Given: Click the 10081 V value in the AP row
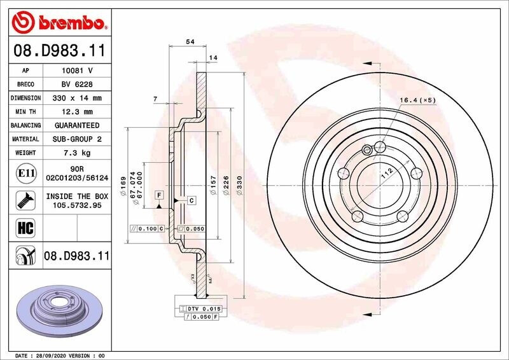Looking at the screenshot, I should pos(78,70).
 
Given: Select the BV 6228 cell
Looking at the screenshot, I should pos(78,84).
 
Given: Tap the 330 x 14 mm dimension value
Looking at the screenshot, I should pos(78,98).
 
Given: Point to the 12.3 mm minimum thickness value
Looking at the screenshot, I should pos(78,112).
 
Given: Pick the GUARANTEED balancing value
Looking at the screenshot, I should pos(78,125).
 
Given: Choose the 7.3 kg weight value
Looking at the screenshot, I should pos(78,153).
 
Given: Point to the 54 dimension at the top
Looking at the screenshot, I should pos(189,41).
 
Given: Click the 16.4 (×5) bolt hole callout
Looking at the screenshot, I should pos(417,100).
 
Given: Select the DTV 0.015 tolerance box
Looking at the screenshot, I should pos(201,308).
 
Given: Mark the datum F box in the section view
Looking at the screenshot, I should pos(158,194).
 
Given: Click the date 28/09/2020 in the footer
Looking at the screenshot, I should pos(52,356).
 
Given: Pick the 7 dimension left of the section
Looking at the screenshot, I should pos(155,99).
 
